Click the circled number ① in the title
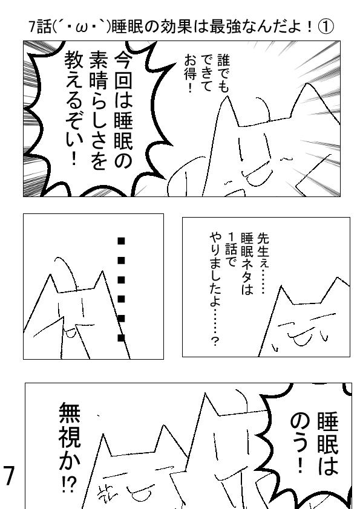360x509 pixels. [326, 27]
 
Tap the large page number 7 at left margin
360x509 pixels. [9, 476]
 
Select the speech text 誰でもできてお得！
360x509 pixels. [207, 73]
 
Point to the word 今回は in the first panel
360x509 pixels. [123, 80]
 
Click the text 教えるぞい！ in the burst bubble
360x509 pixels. [74, 109]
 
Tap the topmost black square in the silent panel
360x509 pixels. [121, 241]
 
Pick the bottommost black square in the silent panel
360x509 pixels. [121, 338]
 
